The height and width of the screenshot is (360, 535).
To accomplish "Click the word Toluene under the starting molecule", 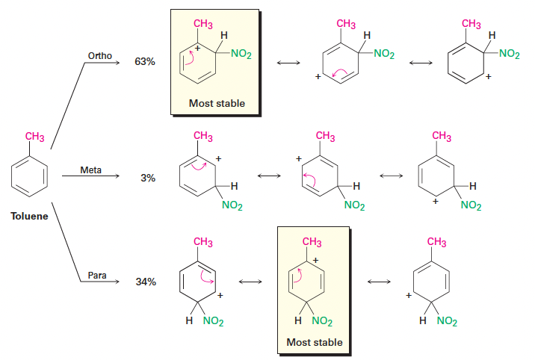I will pos(29,217).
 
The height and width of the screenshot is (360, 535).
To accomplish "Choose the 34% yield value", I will pos(146,282).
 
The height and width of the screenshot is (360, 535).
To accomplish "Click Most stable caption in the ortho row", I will pos(217,103).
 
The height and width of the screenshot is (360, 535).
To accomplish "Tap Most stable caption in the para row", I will pos(315,342).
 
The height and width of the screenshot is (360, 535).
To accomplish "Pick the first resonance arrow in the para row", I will pos(250,282).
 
